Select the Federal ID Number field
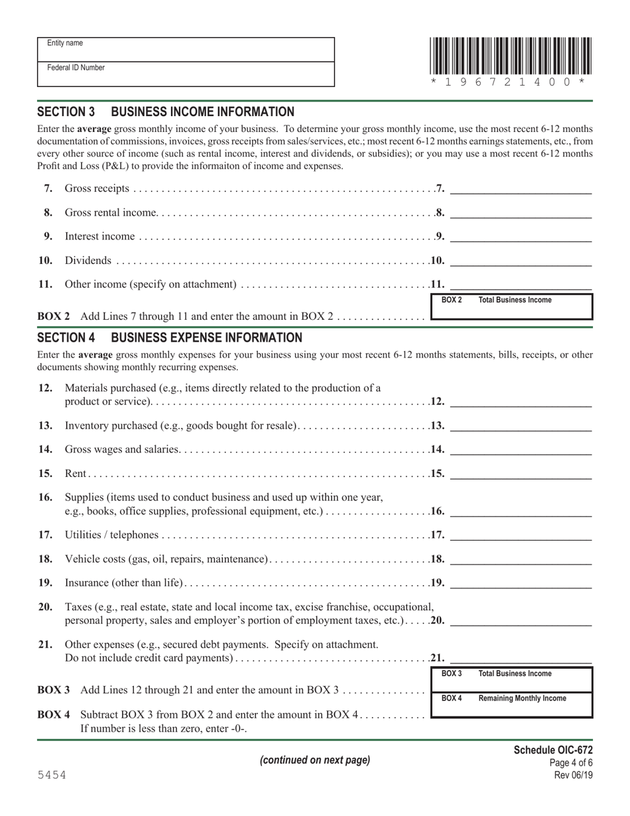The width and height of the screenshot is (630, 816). coord(186,74)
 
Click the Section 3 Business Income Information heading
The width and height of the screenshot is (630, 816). coord(166,112)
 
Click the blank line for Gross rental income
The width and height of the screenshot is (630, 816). coord(521,212)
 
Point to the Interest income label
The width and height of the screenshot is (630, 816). coord(99,237)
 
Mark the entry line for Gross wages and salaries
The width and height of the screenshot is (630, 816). coord(521,449)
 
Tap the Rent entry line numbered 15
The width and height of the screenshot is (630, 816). coord(521,474)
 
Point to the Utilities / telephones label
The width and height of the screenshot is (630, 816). coord(111,535)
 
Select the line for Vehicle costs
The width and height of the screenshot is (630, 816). coord(521,559)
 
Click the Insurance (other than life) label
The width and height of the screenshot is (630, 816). coord(123,583)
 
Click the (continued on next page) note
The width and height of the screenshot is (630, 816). coord(314,760)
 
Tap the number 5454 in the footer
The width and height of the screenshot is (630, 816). coord(52,775)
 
